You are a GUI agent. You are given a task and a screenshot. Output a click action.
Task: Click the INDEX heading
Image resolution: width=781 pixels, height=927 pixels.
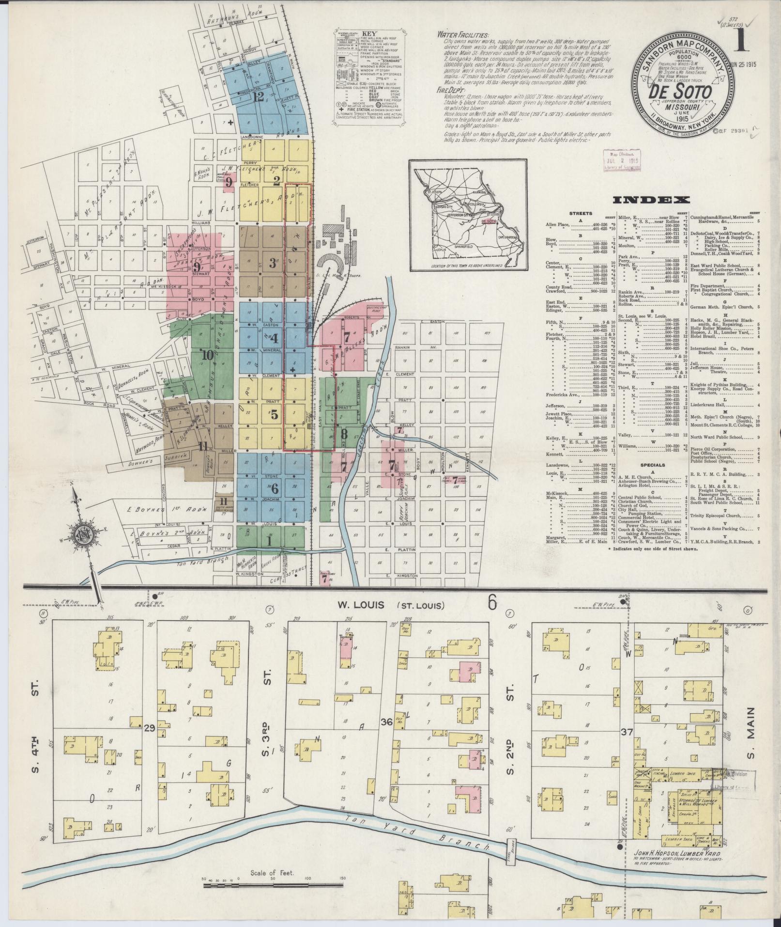[x=651, y=200]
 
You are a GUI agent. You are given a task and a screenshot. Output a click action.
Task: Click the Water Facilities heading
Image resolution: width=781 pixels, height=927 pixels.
[x=462, y=35]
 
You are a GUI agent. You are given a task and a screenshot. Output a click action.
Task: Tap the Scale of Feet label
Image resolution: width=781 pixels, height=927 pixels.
[x=273, y=886]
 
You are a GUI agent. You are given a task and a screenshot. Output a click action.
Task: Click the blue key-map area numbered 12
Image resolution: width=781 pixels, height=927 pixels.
[x=258, y=97]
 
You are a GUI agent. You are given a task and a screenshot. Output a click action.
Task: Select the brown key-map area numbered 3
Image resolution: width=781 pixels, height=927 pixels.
[x=273, y=264]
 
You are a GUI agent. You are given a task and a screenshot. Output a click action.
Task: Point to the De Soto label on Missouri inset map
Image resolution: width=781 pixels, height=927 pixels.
[x=489, y=221]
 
